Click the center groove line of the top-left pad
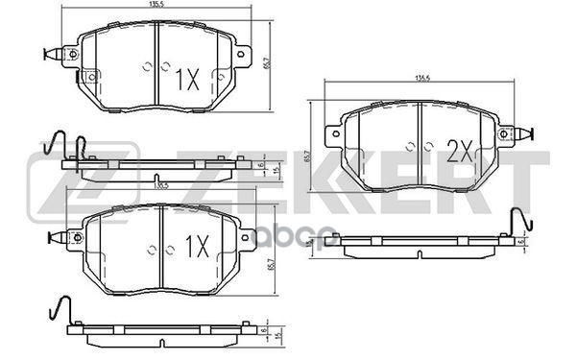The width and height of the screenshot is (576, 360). (156, 62)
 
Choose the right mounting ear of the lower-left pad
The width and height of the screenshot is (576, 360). (241, 233)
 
